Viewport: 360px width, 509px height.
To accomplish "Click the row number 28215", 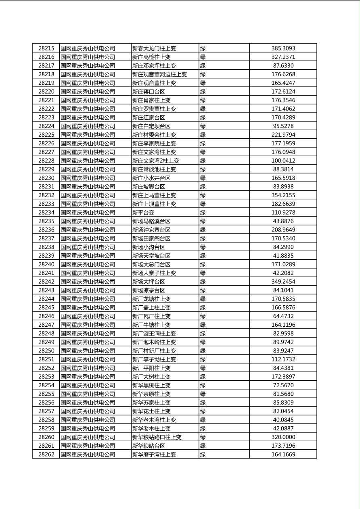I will pos(46,48).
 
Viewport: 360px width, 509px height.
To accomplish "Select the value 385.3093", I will pos(283,48).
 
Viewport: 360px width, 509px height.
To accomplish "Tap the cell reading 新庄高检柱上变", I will pos(151,57).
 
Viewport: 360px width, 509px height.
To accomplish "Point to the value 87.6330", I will pos(283,66).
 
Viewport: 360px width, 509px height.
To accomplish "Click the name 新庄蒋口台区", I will pos(149,92).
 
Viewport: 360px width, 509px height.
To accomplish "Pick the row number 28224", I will pos(46,126).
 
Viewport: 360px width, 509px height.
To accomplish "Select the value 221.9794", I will pos(283,135).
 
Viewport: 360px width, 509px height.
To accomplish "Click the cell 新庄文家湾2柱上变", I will pos(156,161).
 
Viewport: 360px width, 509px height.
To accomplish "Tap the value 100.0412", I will pos(283,161).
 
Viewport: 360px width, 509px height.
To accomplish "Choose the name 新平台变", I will pos(143,213).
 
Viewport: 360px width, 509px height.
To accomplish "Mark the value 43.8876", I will pos(283,221).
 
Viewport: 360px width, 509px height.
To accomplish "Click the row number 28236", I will pos(46,230).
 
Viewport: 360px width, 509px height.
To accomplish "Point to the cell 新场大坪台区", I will pos(149,282).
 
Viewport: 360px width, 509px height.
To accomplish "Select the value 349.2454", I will pos(283,282).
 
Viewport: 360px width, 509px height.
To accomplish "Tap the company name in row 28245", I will pos(88,308).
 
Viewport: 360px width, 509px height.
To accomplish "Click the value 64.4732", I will pos(283,316).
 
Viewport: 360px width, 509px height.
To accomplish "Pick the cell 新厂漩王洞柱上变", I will pos(154,334).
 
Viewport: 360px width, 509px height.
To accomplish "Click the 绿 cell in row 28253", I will pos(203,377).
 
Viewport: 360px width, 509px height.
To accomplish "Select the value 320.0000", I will pos(283,437).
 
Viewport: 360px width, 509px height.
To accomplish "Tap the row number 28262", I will pos(46,455).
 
